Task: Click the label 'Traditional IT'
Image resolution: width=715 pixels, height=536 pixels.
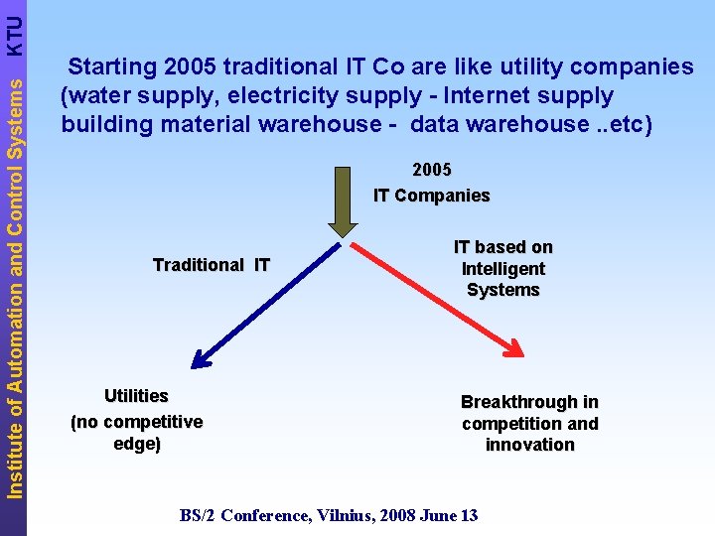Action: [x=211, y=265]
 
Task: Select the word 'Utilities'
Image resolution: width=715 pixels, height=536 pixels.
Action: [x=136, y=396]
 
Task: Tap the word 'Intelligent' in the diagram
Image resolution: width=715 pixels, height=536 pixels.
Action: [x=502, y=269]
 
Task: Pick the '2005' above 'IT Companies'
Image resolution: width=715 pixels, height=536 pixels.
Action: [x=432, y=170]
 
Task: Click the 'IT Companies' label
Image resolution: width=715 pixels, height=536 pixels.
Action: [x=431, y=196]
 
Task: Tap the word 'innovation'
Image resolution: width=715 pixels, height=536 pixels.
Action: [x=529, y=445]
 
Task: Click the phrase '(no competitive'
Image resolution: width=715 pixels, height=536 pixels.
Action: [x=136, y=422]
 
